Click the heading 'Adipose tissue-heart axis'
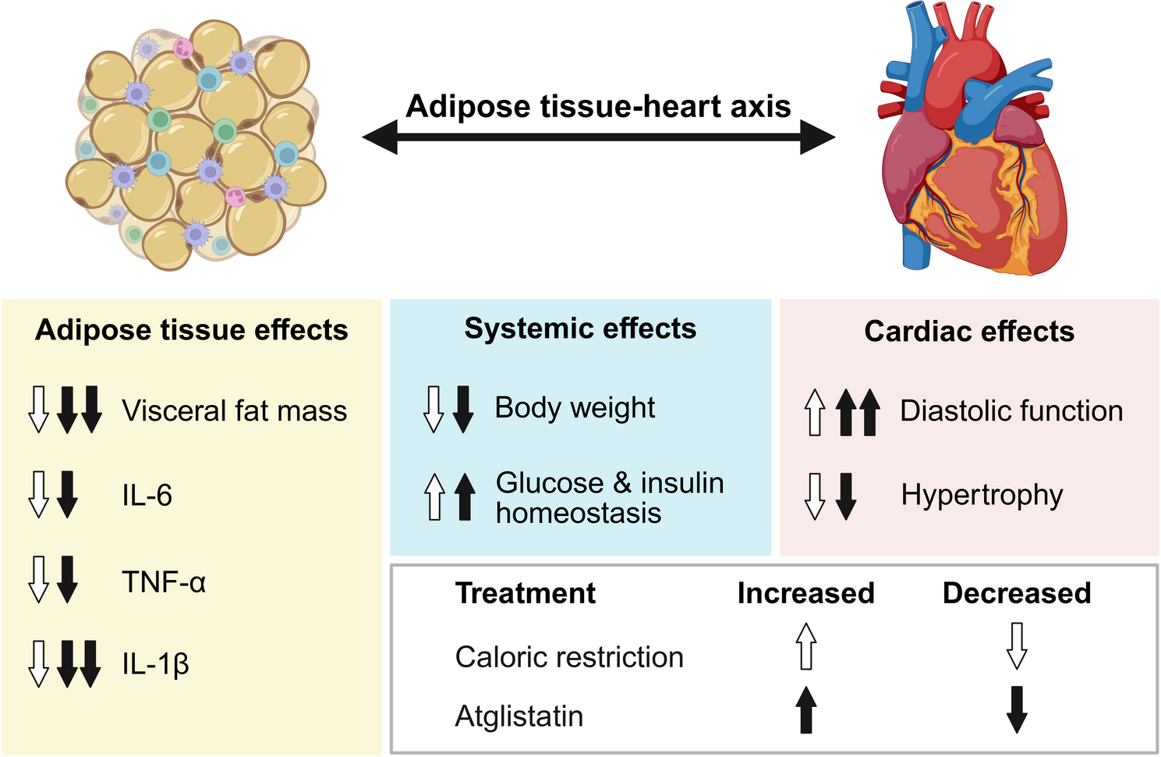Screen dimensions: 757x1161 coord(599,106)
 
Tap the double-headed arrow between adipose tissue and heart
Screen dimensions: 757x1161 coord(599,138)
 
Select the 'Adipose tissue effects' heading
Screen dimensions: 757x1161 coord(192,330)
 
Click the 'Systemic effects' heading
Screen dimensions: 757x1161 coord(580,329)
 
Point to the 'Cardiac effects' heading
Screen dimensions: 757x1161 coord(969,332)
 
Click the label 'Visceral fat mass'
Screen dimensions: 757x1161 coord(235,411)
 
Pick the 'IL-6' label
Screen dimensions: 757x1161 coord(147,496)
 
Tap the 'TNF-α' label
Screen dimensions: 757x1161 coord(164,582)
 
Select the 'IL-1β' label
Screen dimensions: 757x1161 coord(156,664)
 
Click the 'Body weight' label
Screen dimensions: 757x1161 coord(575,407)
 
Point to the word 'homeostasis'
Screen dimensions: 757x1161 coord(579,514)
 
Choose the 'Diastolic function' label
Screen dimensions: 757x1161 coord(1011,411)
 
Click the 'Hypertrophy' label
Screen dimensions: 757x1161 coord(982,495)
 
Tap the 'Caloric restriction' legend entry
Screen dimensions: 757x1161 coord(569,657)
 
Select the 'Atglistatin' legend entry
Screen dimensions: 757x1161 coord(519,716)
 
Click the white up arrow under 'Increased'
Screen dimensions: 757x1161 coord(806,646)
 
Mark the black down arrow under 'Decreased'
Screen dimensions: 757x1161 coord(1017,709)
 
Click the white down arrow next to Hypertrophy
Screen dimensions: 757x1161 coord(815,496)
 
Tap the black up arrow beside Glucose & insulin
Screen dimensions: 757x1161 coord(465,496)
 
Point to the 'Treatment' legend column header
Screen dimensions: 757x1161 coord(526,593)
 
